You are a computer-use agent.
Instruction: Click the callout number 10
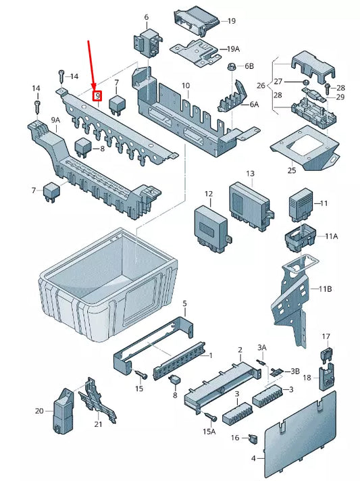185,86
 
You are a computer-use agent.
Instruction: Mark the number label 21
99,424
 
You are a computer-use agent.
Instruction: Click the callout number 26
261,86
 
